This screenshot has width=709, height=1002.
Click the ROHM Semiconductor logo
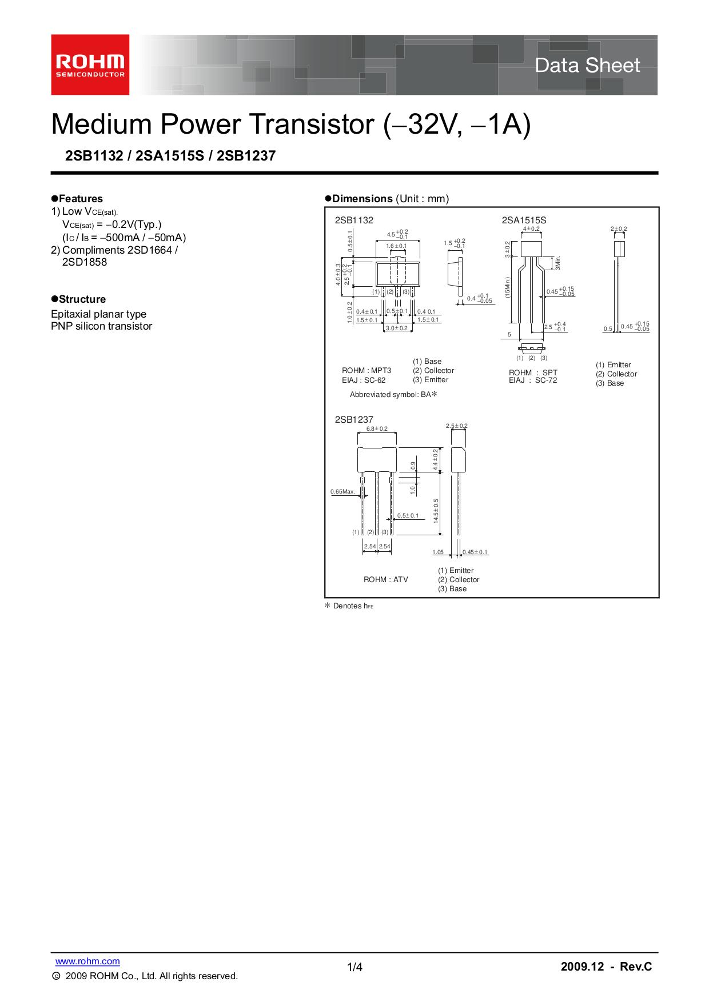point(90,65)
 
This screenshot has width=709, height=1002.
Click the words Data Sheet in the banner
point(587,65)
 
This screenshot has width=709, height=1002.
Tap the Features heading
point(77,199)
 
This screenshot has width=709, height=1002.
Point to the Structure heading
point(78,299)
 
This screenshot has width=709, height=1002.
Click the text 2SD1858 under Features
point(84,262)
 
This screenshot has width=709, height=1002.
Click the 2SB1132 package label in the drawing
point(354,220)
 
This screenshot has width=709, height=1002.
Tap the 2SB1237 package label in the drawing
point(354,419)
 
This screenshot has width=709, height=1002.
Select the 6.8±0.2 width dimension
point(377,429)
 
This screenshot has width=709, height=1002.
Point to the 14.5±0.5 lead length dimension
point(436,511)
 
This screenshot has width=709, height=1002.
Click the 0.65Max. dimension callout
point(342,491)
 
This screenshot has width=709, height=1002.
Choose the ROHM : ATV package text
point(386,579)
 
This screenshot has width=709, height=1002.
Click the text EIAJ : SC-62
point(364,380)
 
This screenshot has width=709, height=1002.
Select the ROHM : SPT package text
point(533,372)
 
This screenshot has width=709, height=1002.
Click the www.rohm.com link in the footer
point(87,961)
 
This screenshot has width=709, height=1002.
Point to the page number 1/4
point(354,967)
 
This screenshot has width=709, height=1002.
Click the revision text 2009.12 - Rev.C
point(606,967)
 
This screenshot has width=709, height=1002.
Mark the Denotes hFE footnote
point(349,606)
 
